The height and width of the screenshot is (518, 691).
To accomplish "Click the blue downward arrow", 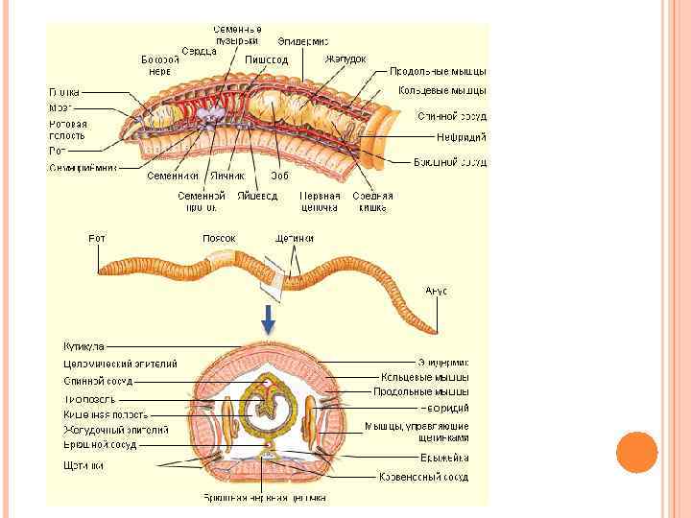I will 270,317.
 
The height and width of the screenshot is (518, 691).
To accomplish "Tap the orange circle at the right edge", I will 635,452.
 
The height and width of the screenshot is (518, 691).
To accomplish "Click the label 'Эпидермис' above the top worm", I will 303,41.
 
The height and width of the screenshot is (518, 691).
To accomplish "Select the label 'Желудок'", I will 345,59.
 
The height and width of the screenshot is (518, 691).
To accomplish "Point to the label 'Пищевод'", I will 266,59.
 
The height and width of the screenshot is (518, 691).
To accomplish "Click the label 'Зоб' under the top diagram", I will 280,177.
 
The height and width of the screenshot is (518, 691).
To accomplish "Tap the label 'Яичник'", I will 228,177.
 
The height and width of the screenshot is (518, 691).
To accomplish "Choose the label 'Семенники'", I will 173,177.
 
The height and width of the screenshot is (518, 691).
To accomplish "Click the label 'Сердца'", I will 199,51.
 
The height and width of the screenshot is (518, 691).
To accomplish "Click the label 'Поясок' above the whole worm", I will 219,238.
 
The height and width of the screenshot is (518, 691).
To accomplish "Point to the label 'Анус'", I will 436,290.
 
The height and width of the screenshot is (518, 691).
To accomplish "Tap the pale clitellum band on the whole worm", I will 225,261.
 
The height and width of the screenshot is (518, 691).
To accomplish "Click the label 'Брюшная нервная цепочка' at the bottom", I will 264,498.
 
